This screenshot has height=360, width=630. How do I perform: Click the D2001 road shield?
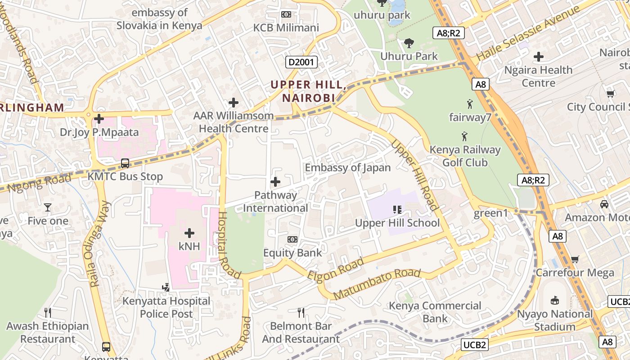pos(301,62)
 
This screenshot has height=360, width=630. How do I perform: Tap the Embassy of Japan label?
pos(347,168)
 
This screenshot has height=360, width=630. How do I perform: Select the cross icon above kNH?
pos(189,233)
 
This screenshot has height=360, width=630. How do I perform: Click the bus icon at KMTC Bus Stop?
pos(125,163)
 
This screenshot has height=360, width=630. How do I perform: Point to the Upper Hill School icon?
pos(397,209)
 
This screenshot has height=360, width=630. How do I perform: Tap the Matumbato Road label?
pos(377,284)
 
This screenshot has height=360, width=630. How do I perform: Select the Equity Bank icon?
pos(292,239)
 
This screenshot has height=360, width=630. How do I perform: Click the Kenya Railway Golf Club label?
pos(465,156)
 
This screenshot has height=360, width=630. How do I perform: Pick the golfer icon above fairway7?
pos(470,104)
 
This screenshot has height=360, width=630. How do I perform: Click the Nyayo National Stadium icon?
pos(555,300)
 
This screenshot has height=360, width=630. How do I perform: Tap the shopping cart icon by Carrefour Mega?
pos(575,259)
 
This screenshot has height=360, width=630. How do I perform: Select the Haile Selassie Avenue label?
pos(528,35)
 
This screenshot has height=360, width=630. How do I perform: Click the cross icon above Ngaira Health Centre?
pos(538,57)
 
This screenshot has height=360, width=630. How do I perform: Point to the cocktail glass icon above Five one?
pos(48,207)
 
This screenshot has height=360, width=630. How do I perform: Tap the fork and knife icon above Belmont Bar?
pos(301,312)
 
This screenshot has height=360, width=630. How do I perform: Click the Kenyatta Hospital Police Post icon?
pos(166,287)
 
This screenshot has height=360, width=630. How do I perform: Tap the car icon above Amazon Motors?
pos(604,204)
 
